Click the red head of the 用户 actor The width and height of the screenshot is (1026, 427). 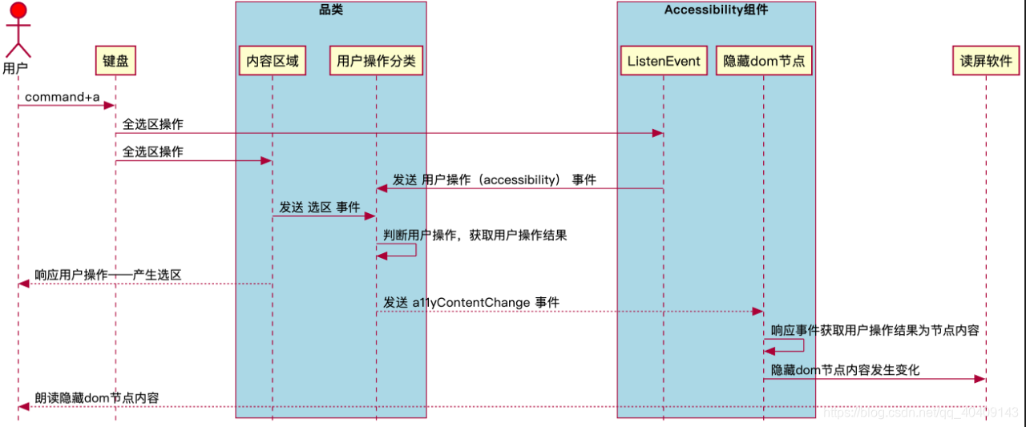18,10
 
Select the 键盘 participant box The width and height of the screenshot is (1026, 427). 115,61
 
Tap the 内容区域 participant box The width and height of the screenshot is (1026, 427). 273,61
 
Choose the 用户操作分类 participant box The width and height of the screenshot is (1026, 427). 377,61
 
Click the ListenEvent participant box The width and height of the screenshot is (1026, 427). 664,61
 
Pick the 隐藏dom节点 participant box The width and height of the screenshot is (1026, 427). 763,61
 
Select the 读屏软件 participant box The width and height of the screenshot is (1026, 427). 986,61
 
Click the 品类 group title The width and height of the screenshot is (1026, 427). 331,10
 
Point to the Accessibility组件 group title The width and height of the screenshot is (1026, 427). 716,10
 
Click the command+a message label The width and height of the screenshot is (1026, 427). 63,97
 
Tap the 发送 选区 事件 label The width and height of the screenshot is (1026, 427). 319,207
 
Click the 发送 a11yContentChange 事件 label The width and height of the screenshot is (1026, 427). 471,303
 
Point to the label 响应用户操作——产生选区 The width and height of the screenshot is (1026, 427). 107,275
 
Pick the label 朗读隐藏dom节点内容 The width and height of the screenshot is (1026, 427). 96,397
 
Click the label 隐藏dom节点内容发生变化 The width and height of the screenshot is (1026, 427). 845,370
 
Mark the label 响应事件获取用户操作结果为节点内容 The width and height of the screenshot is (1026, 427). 875,330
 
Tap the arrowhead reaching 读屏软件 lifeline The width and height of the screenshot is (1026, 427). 980,379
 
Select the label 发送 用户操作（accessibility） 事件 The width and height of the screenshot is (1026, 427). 494,180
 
